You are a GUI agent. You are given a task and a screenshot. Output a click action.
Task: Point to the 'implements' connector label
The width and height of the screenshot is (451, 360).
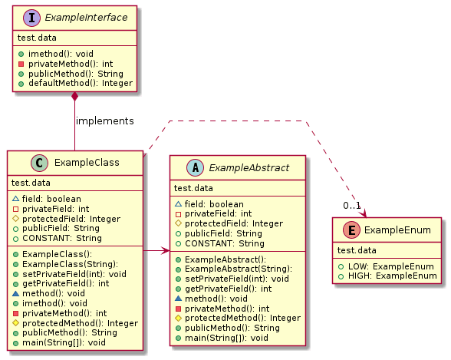104,121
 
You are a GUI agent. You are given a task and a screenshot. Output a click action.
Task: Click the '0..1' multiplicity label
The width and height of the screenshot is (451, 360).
351,205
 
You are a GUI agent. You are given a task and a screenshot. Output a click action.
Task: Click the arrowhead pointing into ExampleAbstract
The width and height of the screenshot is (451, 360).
165,250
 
